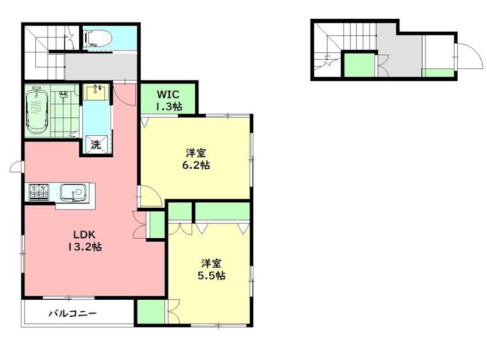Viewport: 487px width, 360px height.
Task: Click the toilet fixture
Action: click(99, 38)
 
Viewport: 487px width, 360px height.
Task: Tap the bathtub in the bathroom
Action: click(37, 111)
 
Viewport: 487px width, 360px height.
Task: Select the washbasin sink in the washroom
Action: click(96, 92)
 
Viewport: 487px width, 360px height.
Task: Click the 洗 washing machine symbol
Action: click(96, 144)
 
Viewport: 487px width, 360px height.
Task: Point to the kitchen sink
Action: click(74, 192)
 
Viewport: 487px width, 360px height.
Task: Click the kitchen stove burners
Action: click(39, 192)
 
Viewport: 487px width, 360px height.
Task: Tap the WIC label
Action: click(168, 94)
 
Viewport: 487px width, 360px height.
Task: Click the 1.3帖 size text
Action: click(169, 107)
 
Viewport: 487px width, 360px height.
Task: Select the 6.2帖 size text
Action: click(195, 164)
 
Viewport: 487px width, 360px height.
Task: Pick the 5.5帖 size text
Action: click(211, 275)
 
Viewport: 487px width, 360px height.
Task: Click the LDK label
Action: click(84, 234)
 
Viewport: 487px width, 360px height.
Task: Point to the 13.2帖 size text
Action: click(85, 247)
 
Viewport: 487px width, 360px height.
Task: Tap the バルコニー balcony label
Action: click(72, 313)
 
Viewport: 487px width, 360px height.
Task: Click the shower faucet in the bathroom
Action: click(63, 96)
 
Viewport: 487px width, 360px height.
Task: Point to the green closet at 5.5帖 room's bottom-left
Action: click(151, 312)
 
